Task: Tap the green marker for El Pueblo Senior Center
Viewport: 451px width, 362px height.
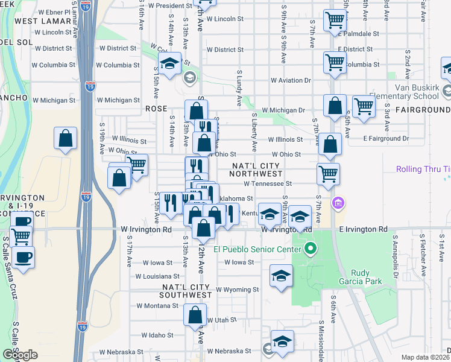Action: click(x=311, y=248)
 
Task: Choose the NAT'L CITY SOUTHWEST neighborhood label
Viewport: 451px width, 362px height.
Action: click(x=186, y=290)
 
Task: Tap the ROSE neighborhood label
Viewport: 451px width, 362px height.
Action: click(x=156, y=109)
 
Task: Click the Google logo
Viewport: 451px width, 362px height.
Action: click(x=20, y=355)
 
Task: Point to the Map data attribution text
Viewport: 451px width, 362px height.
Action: click(x=425, y=358)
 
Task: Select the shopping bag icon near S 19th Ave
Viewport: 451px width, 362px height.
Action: click(x=66, y=138)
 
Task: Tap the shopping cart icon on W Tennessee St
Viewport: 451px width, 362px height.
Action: click(x=328, y=174)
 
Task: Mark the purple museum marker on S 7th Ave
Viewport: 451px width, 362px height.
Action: click(x=338, y=202)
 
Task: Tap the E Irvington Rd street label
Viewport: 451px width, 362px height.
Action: click(x=362, y=229)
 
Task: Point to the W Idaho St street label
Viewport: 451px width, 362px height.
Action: click(x=157, y=335)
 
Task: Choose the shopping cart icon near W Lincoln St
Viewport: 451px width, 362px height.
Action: click(x=334, y=20)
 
